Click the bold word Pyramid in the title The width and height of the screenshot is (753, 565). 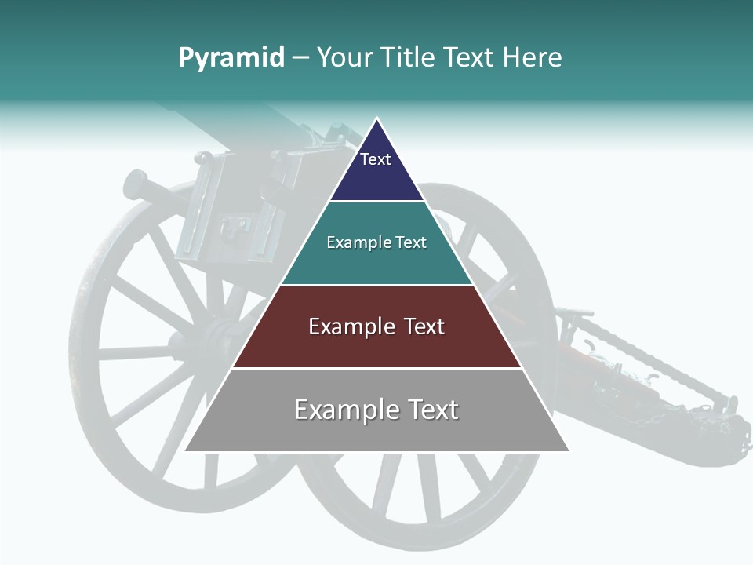[x=231, y=58]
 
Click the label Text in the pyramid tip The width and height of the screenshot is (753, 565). [x=375, y=159]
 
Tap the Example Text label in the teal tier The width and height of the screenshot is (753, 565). [x=376, y=242]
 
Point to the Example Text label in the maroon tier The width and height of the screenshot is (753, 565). [x=376, y=326]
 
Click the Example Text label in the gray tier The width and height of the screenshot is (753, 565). [x=376, y=410]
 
